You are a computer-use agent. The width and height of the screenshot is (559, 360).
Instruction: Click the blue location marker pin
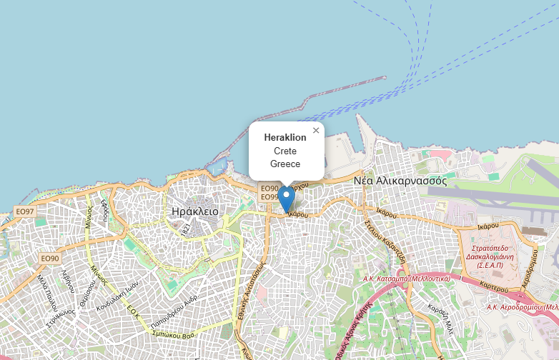tap(287, 198)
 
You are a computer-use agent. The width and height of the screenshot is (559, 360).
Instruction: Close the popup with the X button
tap(316, 130)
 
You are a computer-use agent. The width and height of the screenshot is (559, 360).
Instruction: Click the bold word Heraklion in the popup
tap(285, 137)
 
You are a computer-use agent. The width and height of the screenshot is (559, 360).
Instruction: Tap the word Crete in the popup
tap(285, 151)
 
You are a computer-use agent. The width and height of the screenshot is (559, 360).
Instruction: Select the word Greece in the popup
tap(285, 164)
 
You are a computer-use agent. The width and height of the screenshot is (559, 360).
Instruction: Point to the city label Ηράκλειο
tap(195, 211)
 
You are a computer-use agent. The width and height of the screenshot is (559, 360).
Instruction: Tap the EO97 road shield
tap(25, 212)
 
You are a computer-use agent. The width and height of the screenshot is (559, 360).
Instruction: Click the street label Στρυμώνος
tap(61, 309)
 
